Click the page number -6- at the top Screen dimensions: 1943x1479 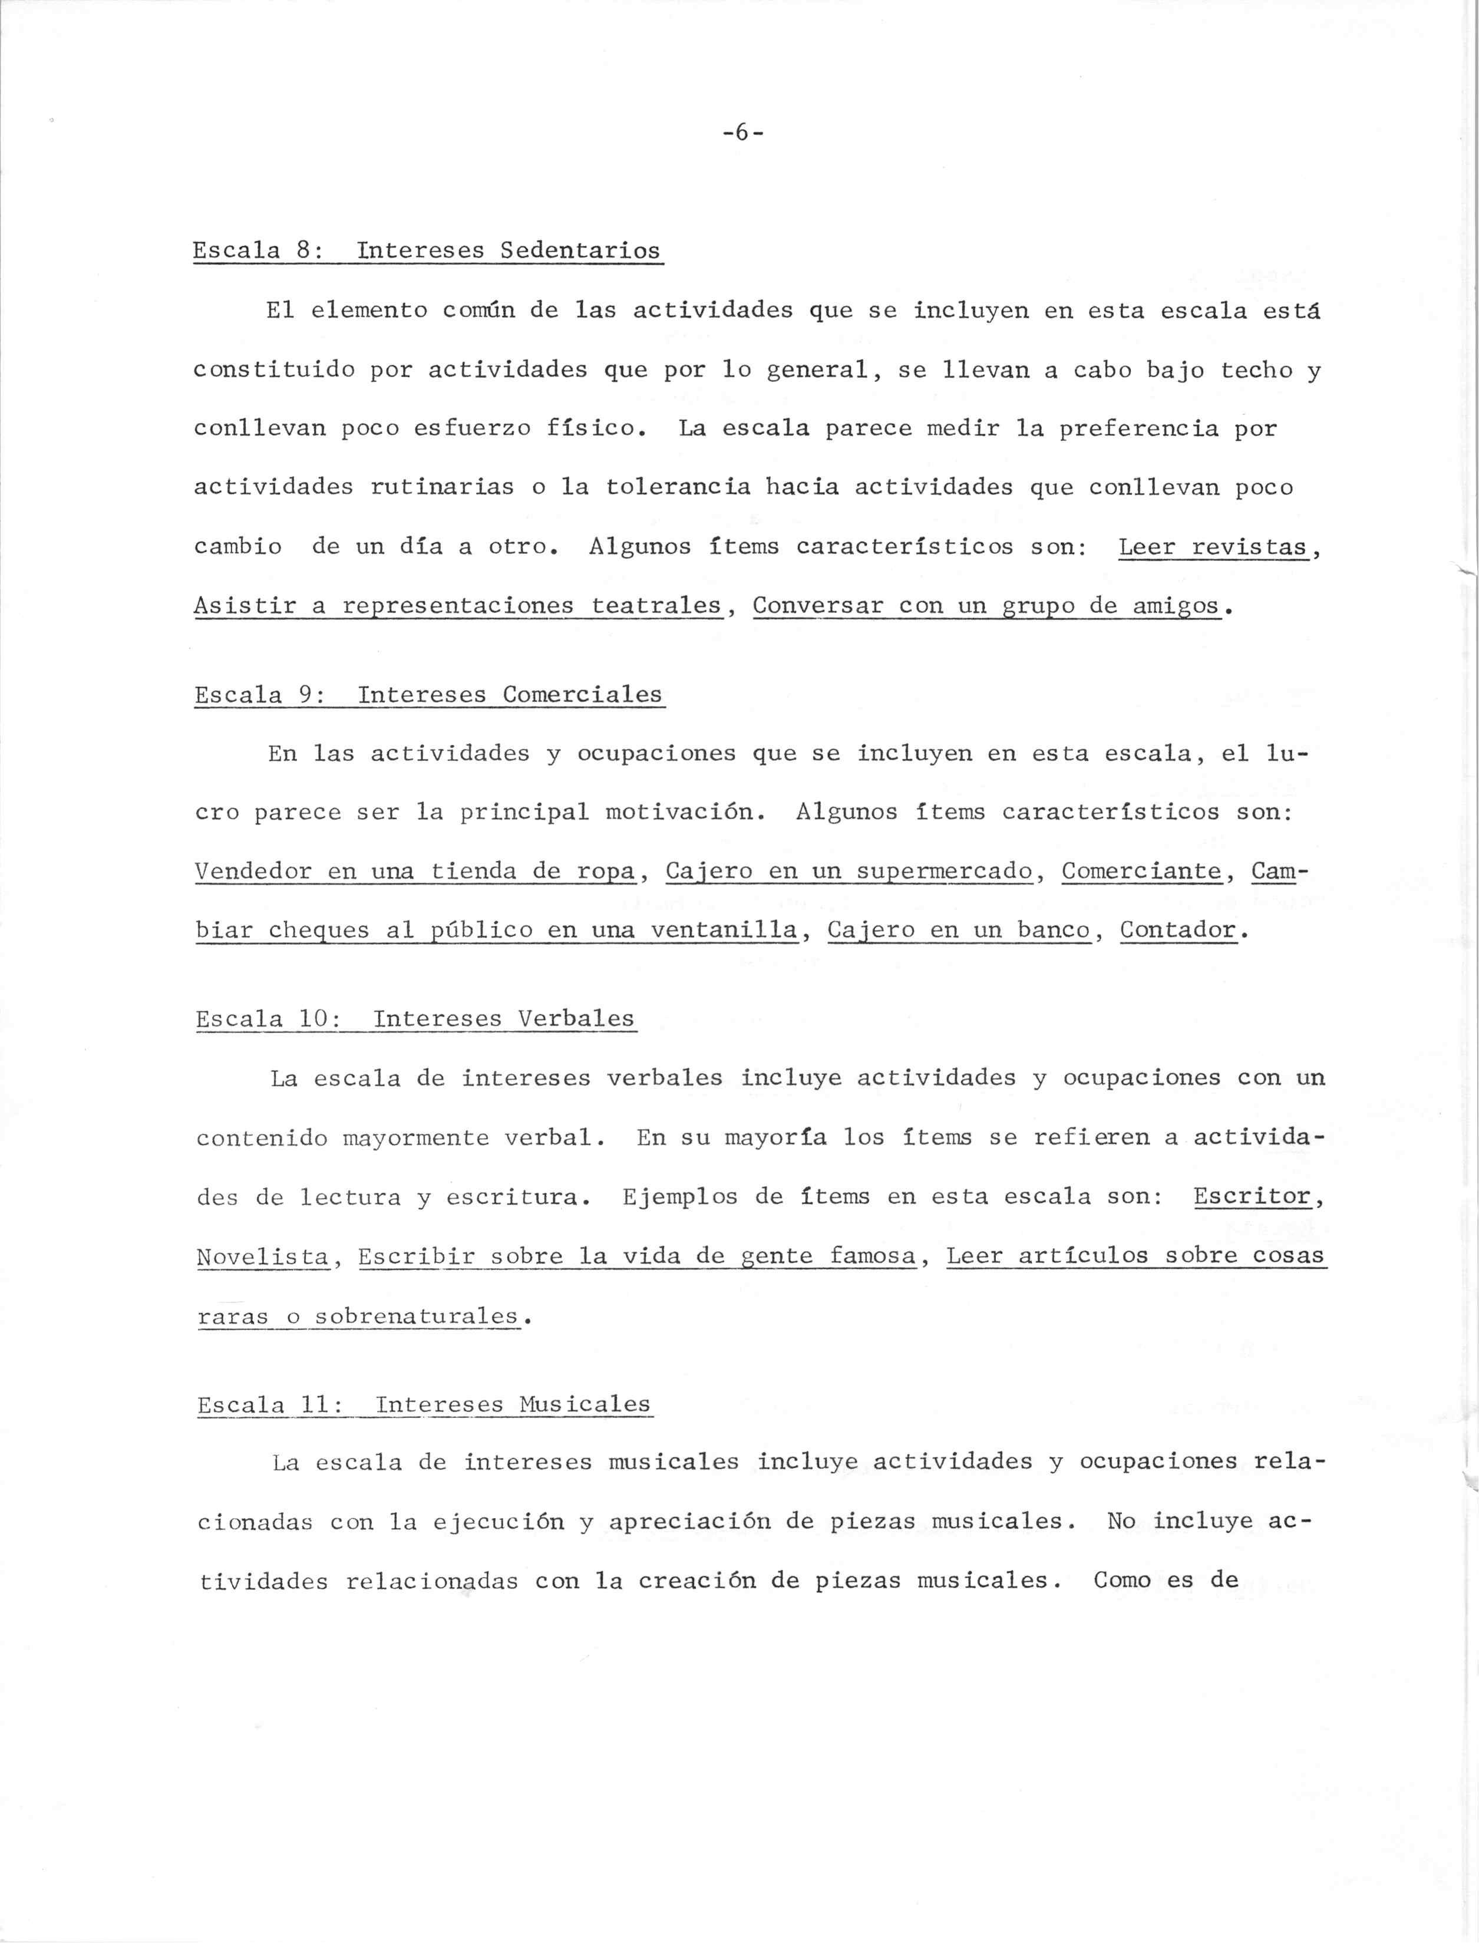point(742,133)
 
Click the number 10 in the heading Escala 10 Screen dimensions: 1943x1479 point(313,1018)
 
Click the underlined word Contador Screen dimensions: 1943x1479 point(1178,931)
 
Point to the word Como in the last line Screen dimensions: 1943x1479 point(1121,1581)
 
